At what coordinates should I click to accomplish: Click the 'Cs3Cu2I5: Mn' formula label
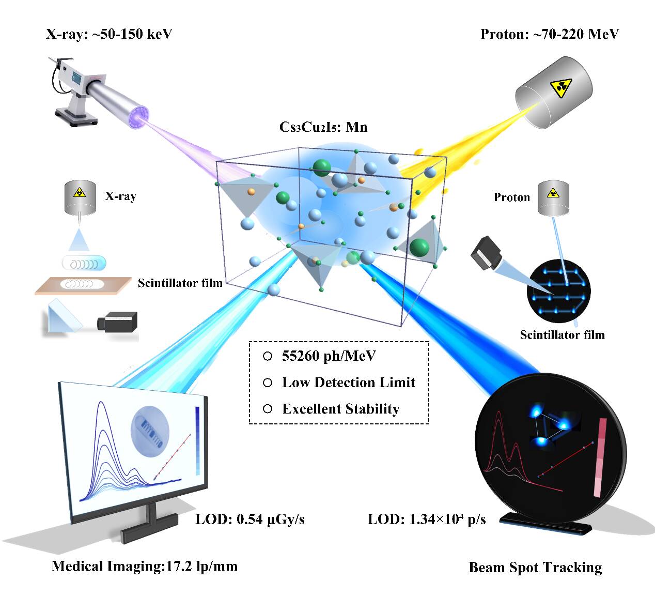(x=323, y=127)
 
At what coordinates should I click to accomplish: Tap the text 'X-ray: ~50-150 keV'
(x=109, y=34)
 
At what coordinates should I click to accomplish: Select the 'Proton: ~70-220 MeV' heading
(x=550, y=34)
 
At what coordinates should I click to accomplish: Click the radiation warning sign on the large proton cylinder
(x=560, y=87)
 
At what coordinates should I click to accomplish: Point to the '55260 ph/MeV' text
(x=329, y=356)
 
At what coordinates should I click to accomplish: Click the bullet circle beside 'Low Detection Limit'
(x=268, y=383)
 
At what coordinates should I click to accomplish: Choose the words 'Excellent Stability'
(x=340, y=409)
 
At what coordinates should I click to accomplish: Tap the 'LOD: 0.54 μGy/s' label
(x=250, y=519)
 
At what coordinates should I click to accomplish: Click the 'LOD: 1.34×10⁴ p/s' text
(x=427, y=519)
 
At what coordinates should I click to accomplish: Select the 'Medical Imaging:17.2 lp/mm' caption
(x=145, y=566)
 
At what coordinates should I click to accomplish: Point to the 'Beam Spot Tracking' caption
(x=535, y=567)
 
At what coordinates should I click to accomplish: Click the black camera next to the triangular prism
(x=117, y=321)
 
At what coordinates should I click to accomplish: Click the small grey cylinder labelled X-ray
(x=80, y=197)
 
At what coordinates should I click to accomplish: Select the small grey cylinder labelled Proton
(x=553, y=198)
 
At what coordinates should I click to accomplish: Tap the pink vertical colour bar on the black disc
(x=600, y=457)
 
